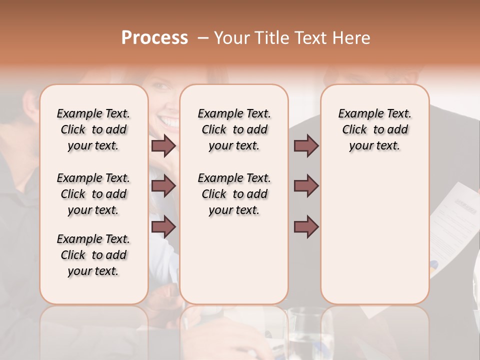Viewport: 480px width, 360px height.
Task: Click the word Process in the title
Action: [x=154, y=38]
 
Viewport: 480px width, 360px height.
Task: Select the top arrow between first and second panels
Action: [x=163, y=146]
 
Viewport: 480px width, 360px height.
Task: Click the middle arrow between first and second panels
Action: [x=163, y=186]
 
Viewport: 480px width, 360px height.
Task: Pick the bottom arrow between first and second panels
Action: [x=163, y=227]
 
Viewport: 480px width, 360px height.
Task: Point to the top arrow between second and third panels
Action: [x=306, y=146]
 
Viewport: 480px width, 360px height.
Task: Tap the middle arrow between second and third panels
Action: [x=306, y=186]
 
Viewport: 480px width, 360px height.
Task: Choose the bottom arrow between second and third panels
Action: [x=306, y=227]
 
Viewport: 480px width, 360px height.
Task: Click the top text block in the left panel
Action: [x=93, y=129]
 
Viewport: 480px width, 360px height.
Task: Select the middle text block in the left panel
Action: [x=93, y=194]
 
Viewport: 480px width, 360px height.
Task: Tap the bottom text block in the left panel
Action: [x=93, y=255]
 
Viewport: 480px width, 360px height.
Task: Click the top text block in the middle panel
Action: [x=234, y=129]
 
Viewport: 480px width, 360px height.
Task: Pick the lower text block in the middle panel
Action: [x=234, y=194]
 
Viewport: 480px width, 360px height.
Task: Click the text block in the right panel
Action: [x=374, y=129]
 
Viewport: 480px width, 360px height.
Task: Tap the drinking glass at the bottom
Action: [x=310, y=332]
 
